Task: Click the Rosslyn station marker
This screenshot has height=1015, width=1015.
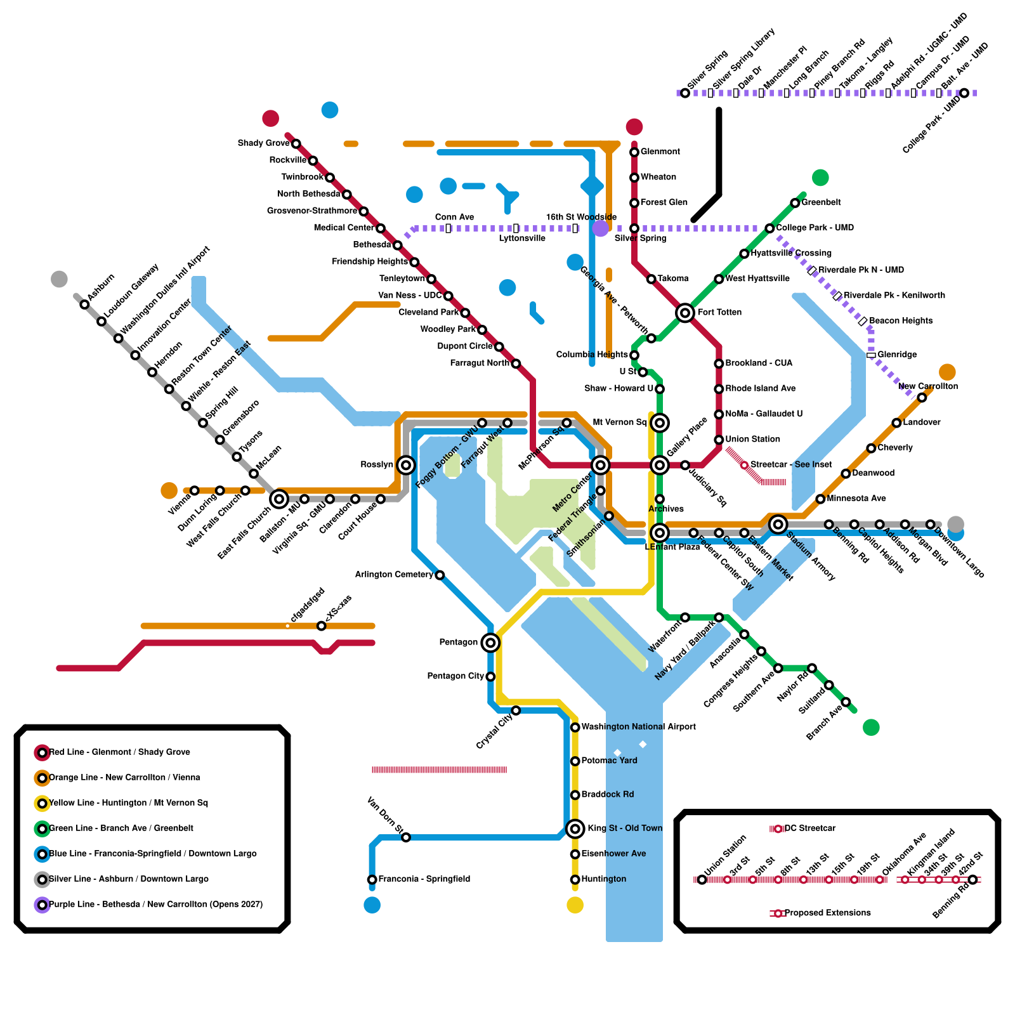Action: [x=406, y=465]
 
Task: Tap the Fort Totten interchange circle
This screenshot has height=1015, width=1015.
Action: [x=684, y=312]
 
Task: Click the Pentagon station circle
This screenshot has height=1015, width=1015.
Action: [x=490, y=643]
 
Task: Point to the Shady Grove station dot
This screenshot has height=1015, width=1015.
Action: [x=296, y=143]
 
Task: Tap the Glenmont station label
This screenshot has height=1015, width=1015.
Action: [x=660, y=152]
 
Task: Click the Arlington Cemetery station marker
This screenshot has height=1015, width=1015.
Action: [x=440, y=575]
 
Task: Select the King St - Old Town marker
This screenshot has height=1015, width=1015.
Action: [x=575, y=828]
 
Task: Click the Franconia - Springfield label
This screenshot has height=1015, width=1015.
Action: [x=424, y=879]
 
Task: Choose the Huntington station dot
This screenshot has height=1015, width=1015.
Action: [x=575, y=879]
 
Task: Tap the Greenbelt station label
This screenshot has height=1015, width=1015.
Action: [x=821, y=202]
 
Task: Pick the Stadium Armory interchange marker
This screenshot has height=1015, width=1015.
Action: [x=778, y=524]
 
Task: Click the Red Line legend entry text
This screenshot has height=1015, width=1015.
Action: [x=119, y=752]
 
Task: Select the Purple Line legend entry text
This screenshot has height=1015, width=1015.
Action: [x=155, y=905]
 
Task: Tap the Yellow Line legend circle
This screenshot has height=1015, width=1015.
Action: [x=42, y=803]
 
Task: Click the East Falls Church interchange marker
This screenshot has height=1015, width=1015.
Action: [x=278, y=499]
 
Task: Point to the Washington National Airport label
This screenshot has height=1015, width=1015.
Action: [x=638, y=727]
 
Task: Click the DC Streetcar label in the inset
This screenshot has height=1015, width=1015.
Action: [x=809, y=828]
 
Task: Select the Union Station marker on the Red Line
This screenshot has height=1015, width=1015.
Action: [x=719, y=440]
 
